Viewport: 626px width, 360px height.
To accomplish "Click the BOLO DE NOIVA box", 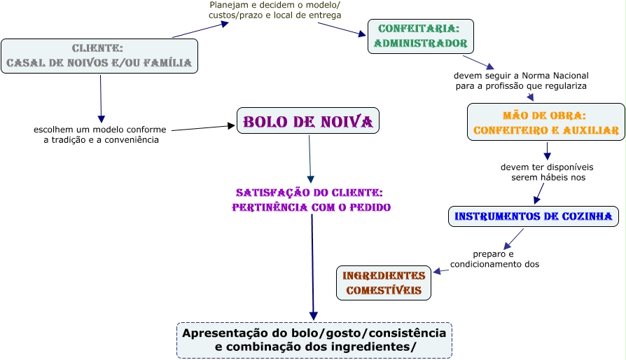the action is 308,121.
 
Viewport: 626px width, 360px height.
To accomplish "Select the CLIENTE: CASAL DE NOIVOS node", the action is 99,56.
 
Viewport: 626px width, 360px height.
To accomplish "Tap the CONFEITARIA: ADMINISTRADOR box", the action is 420,36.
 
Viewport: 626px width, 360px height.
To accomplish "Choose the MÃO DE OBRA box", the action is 545,123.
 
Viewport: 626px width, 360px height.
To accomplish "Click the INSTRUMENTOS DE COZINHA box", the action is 534,216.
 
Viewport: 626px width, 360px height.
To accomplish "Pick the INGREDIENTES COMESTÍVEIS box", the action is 383,283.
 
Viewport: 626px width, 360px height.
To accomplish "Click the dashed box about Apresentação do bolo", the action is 314,340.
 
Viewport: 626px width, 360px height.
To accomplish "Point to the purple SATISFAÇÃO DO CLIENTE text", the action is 311,200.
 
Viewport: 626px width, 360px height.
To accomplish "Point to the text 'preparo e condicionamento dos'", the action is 494,259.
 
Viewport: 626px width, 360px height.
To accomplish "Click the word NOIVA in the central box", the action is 342,121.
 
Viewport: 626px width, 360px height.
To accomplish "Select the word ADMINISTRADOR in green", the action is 420,43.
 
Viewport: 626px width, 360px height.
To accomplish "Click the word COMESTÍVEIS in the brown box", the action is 383,290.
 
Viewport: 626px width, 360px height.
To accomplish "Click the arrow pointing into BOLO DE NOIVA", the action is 203,127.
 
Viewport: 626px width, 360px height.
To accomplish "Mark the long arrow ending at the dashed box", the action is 312,266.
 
